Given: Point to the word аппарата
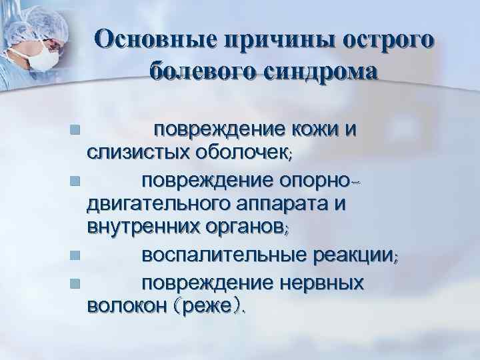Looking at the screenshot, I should click(297, 205).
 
